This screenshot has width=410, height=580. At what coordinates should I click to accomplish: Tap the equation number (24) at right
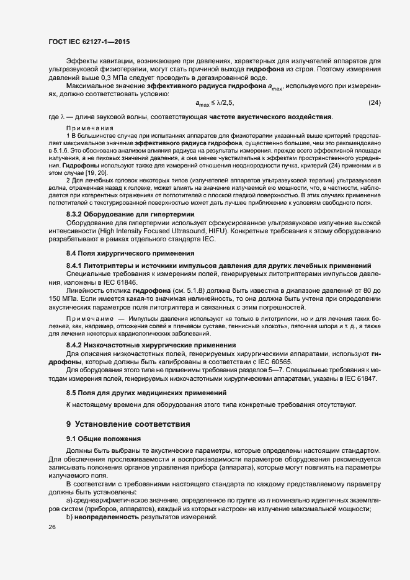coord(374,102)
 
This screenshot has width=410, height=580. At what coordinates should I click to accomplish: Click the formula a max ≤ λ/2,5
coord(215,103)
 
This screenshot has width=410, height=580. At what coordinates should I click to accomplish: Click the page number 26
coord(51,527)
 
